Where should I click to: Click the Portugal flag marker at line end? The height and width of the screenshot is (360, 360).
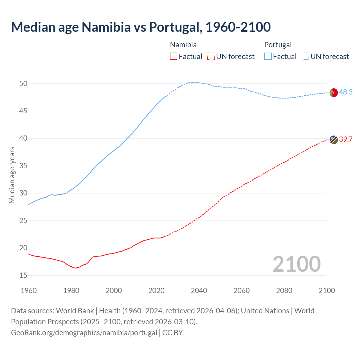pos(333,93)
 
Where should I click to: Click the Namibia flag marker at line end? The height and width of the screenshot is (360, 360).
pos(334,139)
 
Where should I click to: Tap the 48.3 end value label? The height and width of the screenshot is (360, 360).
pos(346,92)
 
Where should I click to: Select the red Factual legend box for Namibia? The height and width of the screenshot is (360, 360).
pos(174,57)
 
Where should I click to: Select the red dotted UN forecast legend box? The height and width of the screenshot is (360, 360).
pos(211,57)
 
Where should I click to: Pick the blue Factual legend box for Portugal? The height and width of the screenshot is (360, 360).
pos(268,57)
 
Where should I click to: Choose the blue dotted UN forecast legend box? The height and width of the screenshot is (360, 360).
pos(305,57)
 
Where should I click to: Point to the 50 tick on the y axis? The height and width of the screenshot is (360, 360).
pos(23,84)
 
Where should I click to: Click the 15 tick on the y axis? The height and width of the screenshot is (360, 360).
pos(23,275)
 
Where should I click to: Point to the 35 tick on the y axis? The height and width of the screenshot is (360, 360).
pos(23,166)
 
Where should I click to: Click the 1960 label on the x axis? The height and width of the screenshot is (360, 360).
pos(29,291)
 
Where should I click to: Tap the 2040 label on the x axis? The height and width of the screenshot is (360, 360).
pos(199,291)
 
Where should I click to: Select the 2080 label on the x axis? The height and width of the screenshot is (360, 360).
pos(284,291)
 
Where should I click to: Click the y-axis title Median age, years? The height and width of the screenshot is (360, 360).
pos(12,175)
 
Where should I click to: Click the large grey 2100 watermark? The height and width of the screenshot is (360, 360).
pos(296,264)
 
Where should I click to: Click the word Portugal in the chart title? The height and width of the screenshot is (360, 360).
pos(174,27)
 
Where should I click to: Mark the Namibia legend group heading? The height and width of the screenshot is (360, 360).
pos(183,45)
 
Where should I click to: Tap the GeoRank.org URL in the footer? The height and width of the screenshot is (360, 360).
pos(84,333)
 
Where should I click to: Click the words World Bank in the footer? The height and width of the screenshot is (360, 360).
pos(75,311)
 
